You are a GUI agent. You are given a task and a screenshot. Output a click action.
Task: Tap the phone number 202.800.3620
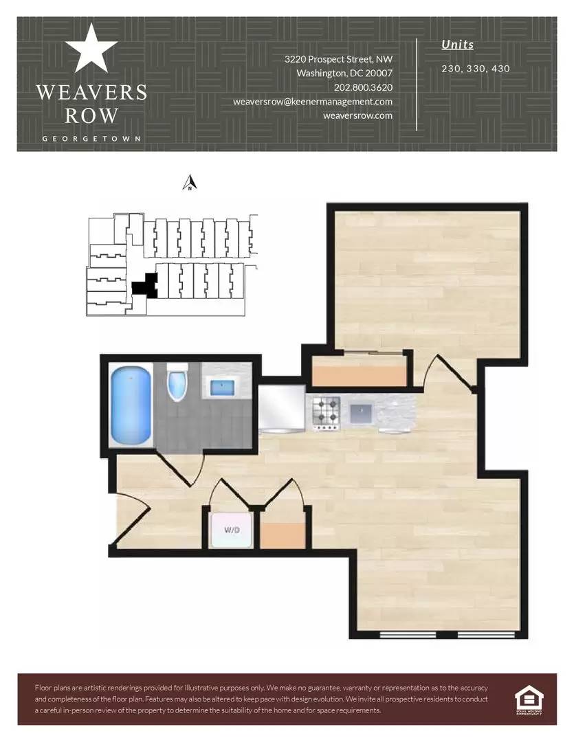(363, 87)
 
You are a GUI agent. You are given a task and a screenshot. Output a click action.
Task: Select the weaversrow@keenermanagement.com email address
(313, 102)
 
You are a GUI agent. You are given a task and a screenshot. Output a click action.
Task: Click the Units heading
(458, 45)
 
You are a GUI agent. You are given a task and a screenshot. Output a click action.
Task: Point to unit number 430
(500, 69)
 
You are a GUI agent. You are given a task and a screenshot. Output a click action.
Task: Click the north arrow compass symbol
(190, 182)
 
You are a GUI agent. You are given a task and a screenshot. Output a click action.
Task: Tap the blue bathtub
(131, 406)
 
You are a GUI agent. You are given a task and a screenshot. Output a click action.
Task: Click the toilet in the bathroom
(177, 382)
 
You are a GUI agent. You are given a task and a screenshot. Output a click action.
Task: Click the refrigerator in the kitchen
(281, 409)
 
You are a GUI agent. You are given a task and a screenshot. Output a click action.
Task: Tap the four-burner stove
(327, 413)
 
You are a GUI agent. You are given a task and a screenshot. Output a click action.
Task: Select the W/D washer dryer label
(232, 530)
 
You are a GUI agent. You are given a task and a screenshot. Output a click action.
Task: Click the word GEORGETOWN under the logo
(91, 139)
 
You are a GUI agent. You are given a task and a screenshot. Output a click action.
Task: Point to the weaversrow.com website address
(357, 115)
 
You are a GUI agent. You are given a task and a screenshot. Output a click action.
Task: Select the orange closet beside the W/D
(283, 535)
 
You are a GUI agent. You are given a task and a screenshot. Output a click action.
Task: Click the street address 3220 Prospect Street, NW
(338, 59)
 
